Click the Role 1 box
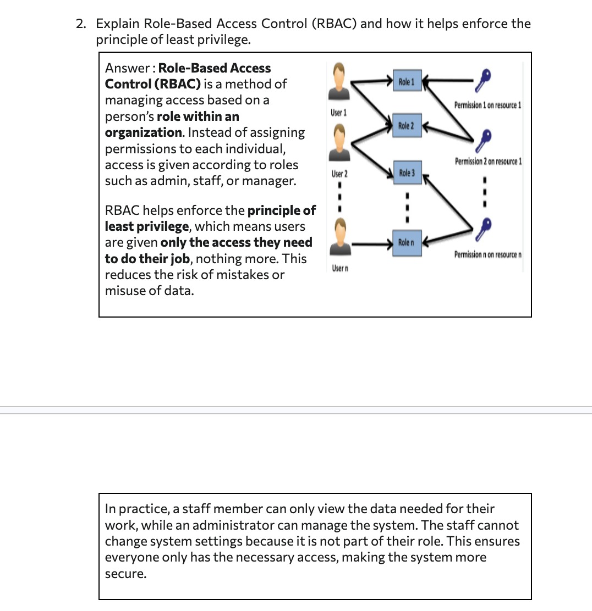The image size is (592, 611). [x=408, y=81]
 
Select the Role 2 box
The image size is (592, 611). [x=407, y=125]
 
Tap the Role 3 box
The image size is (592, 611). [x=408, y=173]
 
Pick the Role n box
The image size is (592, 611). [x=407, y=243]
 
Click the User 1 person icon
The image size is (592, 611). [x=339, y=82]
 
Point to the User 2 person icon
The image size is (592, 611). [x=339, y=143]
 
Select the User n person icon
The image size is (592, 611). [x=341, y=236]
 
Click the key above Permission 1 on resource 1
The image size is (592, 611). [x=483, y=80]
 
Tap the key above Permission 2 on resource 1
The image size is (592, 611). [x=484, y=141]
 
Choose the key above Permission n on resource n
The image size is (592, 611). [x=484, y=230]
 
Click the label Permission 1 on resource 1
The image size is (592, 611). [x=487, y=105]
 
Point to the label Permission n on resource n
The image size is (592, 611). [x=488, y=254]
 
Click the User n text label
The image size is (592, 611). [x=340, y=268]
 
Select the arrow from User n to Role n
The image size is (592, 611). [x=372, y=245]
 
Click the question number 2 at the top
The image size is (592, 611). [x=81, y=24]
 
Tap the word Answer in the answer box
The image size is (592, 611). [x=127, y=68]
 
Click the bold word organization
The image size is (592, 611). [x=143, y=133]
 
